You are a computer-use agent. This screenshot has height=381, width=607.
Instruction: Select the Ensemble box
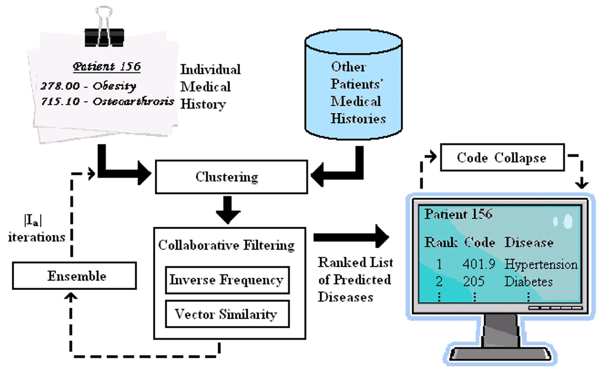tap(74, 276)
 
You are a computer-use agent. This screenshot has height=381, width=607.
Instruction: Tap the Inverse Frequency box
tap(227, 280)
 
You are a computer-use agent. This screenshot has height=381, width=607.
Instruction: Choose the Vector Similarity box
tap(227, 314)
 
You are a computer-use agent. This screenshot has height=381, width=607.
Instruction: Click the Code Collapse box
tap(502, 157)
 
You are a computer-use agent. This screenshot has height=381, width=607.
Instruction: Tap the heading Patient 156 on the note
tap(107, 67)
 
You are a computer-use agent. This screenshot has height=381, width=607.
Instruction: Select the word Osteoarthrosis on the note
tap(133, 101)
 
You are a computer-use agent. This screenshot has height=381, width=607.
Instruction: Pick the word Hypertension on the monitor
tap(541, 265)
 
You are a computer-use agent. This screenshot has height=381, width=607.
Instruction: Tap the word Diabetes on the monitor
tap(528, 281)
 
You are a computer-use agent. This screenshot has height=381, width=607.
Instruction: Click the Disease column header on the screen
tap(528, 242)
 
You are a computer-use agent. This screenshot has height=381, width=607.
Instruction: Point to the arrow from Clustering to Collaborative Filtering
tap(228, 210)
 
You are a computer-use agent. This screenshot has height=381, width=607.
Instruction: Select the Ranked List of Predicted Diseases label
tap(355, 279)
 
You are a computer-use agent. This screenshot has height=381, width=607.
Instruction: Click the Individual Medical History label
tap(210, 87)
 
